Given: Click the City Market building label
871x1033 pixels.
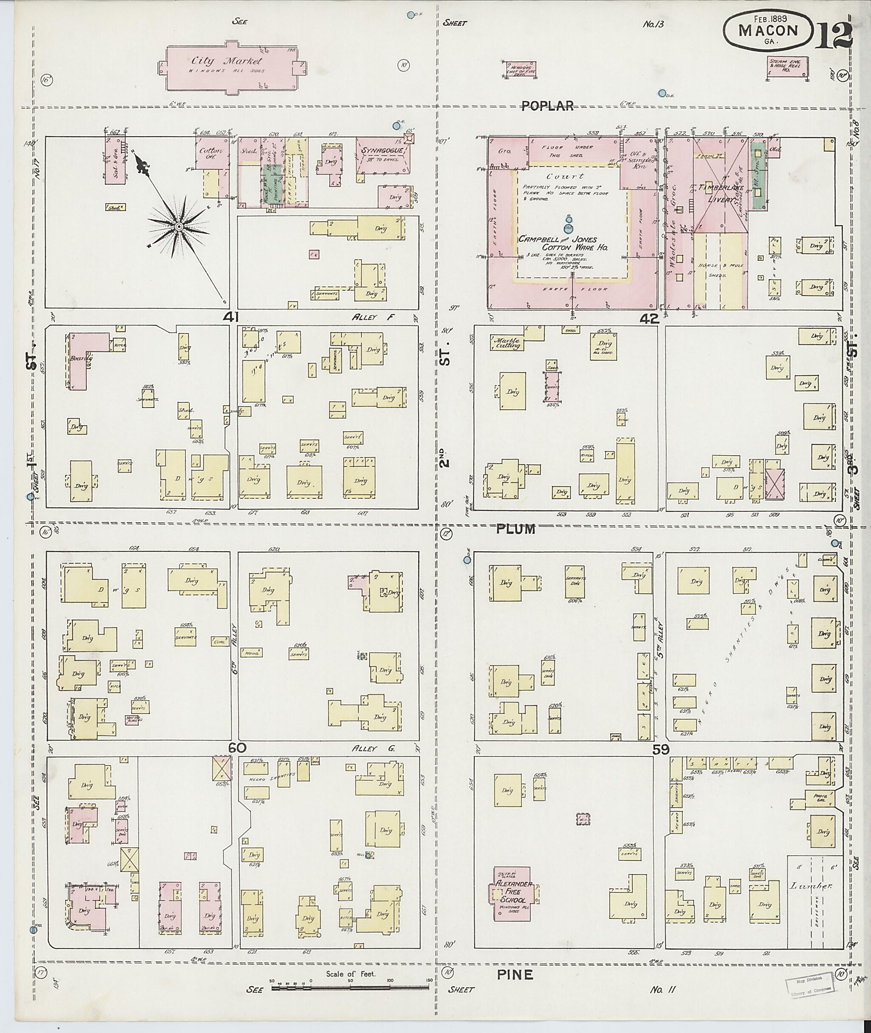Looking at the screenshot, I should [x=227, y=62].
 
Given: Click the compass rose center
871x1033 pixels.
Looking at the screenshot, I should [x=179, y=227].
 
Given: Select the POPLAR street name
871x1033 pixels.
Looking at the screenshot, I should [x=548, y=105].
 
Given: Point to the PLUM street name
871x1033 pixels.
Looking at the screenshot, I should [x=515, y=529].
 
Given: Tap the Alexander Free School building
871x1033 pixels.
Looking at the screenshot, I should [x=513, y=893].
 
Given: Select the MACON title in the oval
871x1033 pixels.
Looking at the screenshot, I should [x=768, y=31].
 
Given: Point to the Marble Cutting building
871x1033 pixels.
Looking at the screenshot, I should [x=508, y=343].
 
